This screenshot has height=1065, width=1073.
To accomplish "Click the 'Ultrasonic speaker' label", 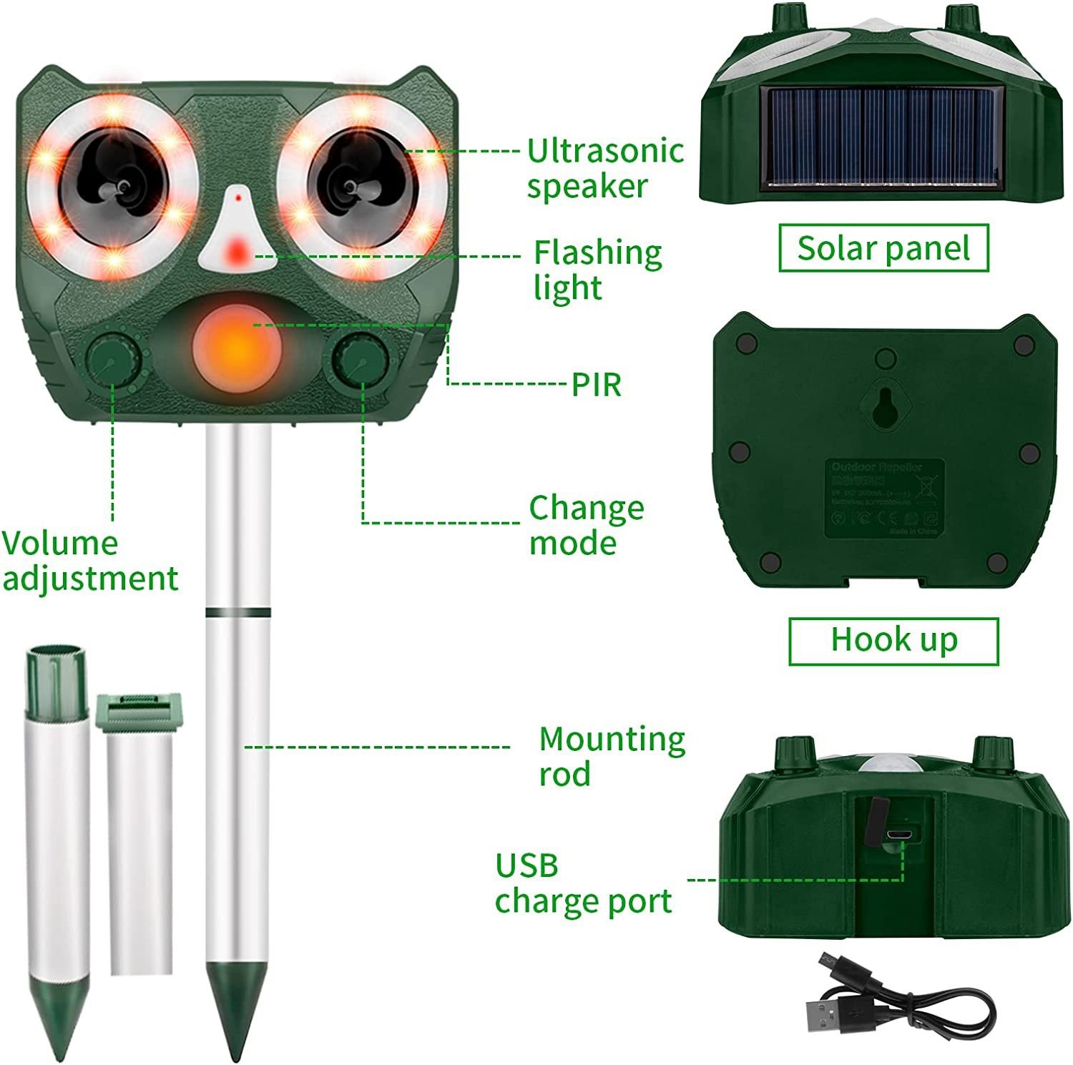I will pos(605,168).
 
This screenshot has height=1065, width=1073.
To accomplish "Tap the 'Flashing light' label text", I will pos(598,270).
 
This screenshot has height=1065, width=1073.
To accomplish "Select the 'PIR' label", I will pos(596,385).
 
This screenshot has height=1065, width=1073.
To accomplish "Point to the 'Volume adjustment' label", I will pos(89,561).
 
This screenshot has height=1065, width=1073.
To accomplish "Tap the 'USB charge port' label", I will pos(583,883).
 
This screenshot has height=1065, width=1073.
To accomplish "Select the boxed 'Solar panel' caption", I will pos(883,248).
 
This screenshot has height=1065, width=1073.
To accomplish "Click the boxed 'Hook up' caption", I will pos(893,639).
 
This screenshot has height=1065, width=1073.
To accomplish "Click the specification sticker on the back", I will pos(886,499).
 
